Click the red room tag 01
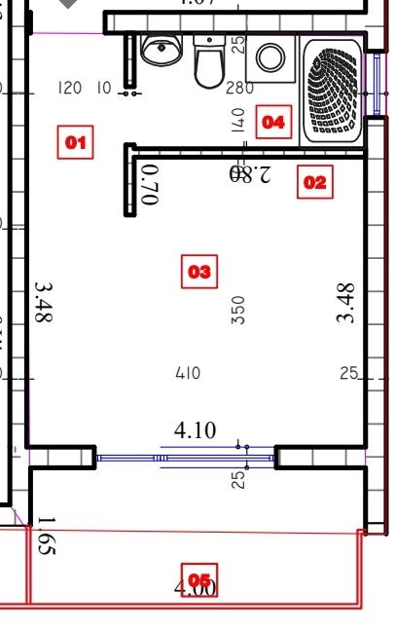pos(76,144)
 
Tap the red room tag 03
pos(198,272)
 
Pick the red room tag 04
pos(272,123)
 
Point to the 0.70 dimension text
pos(149,184)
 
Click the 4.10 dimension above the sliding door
pos(195,430)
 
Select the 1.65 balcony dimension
pos(46,537)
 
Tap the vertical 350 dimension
pos(238,310)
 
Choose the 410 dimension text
pos(188,373)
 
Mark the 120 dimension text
pos(70,89)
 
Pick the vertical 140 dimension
pos(238,120)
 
